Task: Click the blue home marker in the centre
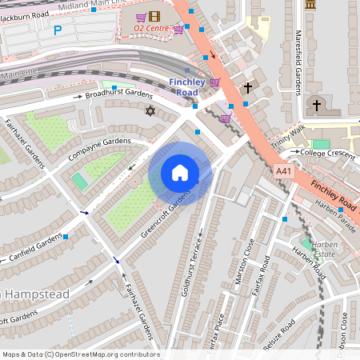[180, 174]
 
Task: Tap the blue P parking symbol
[57, 30]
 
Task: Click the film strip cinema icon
[154, 16]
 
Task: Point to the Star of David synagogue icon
[148, 110]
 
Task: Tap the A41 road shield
[283, 170]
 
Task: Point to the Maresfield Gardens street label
[298, 56]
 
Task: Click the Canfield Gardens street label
[36, 248]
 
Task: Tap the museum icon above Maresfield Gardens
[310, 6]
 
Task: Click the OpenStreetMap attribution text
[80, 354]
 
